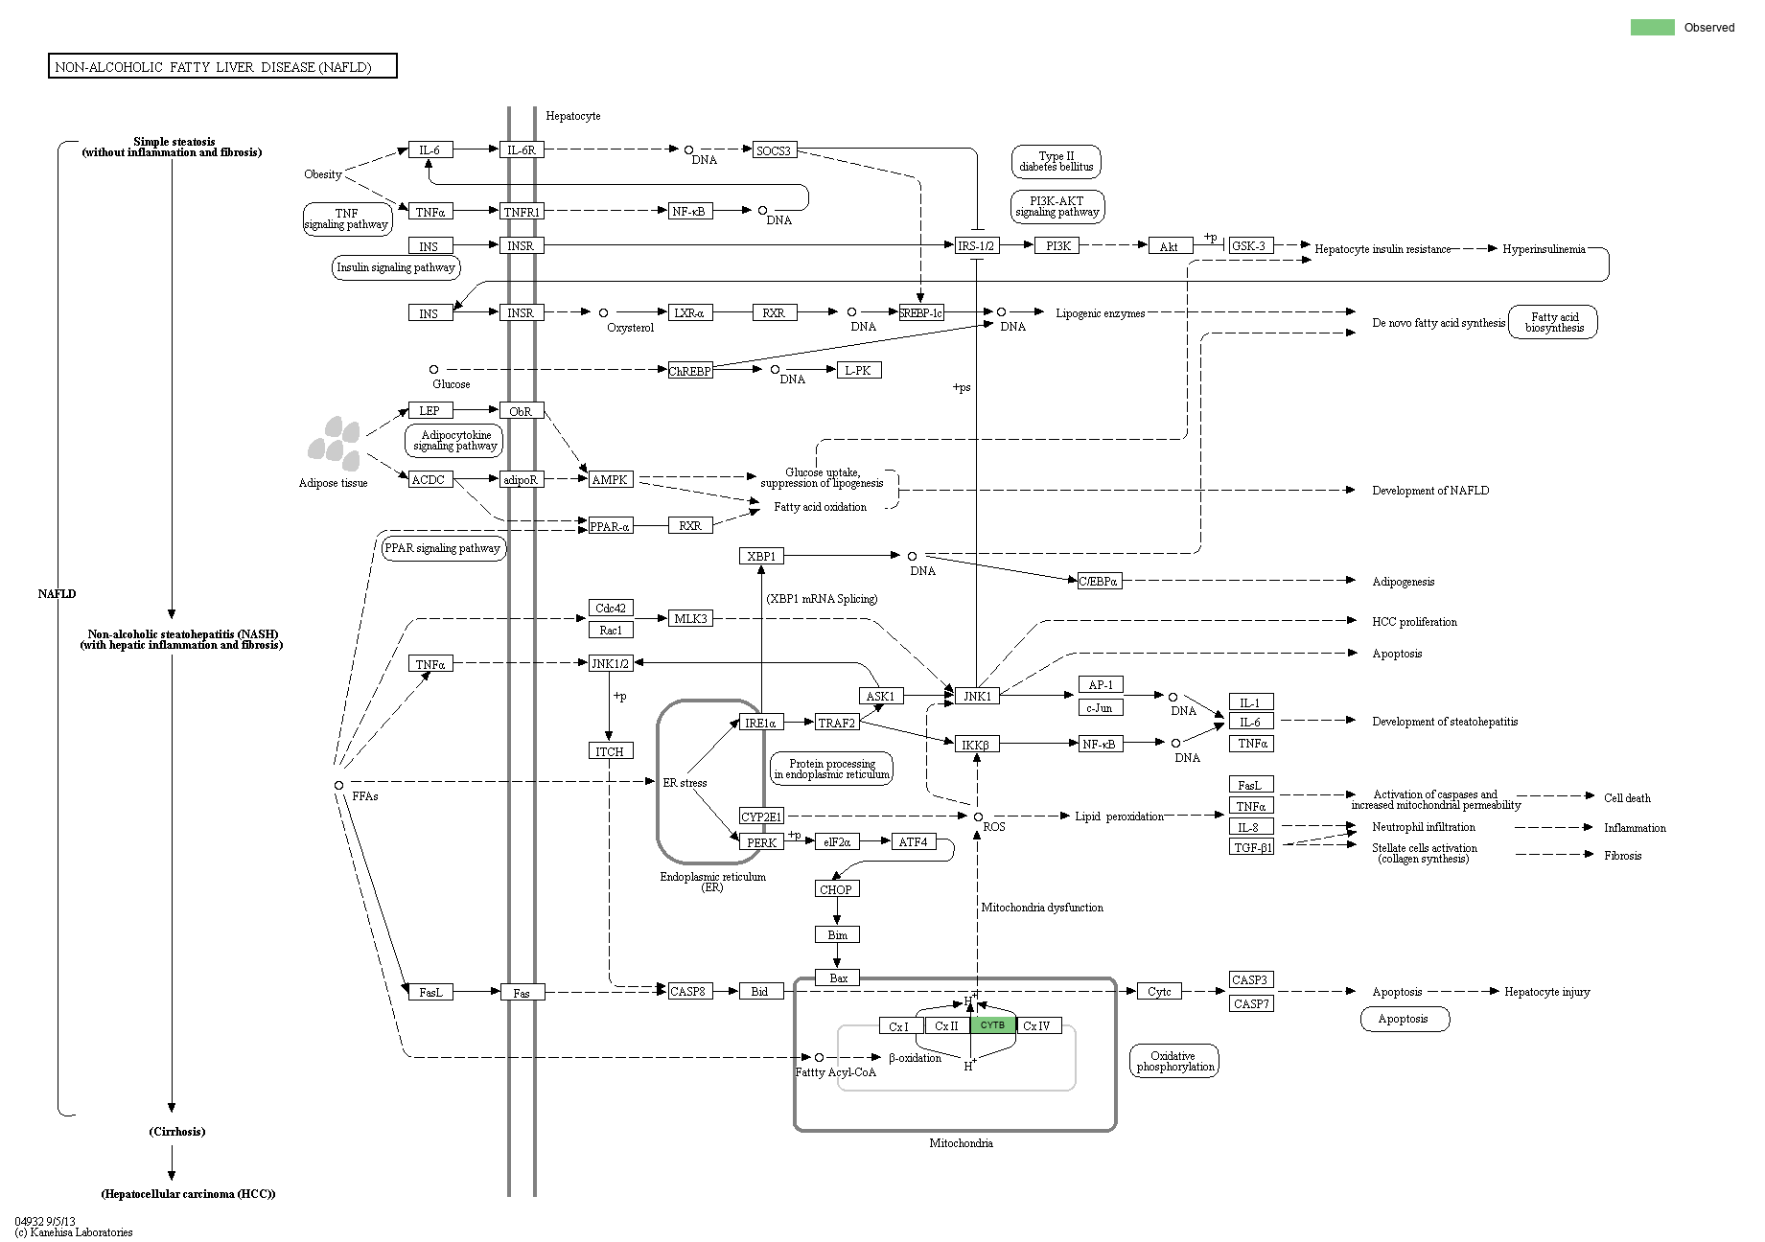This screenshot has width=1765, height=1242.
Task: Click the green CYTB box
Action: [x=992, y=1024]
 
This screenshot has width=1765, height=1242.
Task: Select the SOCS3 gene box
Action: [x=774, y=150]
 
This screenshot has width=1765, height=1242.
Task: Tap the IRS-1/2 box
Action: [x=976, y=246]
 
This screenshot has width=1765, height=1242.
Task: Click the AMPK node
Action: [x=610, y=479]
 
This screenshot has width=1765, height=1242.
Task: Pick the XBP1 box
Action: [x=761, y=556]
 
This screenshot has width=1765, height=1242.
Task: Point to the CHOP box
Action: [x=836, y=889]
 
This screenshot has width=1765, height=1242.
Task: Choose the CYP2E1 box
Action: [x=761, y=816]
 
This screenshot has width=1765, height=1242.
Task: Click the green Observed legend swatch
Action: [x=1652, y=27]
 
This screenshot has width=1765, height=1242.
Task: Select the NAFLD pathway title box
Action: [x=222, y=66]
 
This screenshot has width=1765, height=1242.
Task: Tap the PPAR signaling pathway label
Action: [x=443, y=548]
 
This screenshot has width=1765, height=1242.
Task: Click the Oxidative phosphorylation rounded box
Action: [x=1173, y=1061]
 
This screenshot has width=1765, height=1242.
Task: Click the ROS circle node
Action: [x=978, y=816]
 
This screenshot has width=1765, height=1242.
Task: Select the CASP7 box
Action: [x=1251, y=1003]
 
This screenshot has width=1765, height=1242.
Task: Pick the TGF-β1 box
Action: [x=1251, y=847]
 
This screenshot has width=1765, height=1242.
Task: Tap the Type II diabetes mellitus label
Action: [x=1056, y=161]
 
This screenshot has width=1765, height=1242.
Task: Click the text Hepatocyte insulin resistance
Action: [x=1382, y=249]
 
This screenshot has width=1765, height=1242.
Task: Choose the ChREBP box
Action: [x=690, y=371]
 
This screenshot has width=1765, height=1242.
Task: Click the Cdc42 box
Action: [x=610, y=609]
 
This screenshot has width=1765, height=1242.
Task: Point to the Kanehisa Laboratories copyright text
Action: [x=74, y=1232]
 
